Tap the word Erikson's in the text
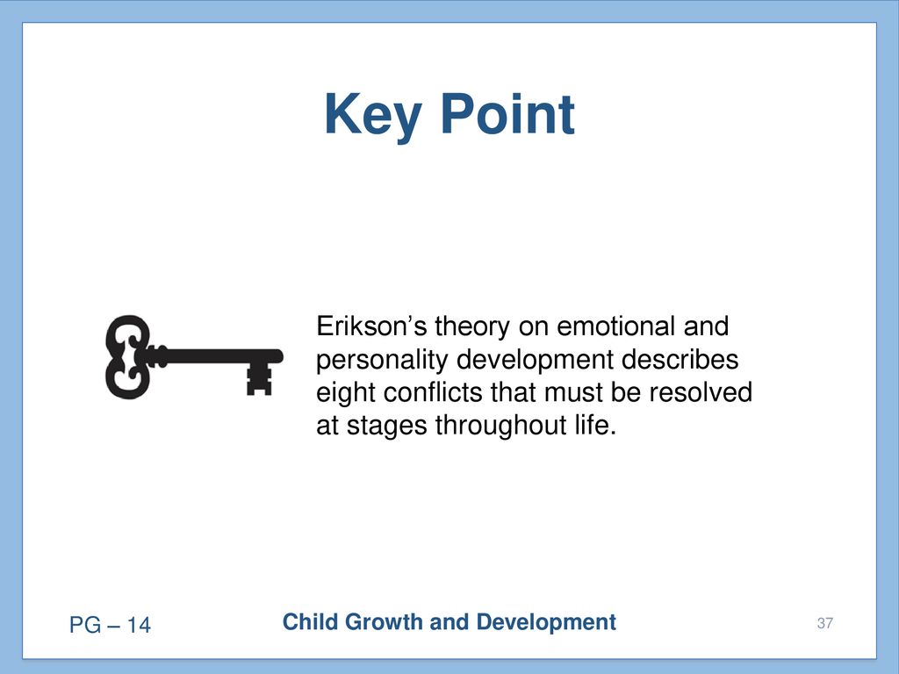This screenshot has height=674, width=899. [371, 326]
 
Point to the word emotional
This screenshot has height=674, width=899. [615, 326]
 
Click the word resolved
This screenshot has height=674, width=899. [701, 392]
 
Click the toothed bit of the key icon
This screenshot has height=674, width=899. [259, 379]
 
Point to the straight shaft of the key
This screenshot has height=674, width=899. [218, 356]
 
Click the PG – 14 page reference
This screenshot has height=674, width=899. [110, 625]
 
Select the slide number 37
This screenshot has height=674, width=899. [825, 623]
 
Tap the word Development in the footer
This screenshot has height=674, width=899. [546, 622]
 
